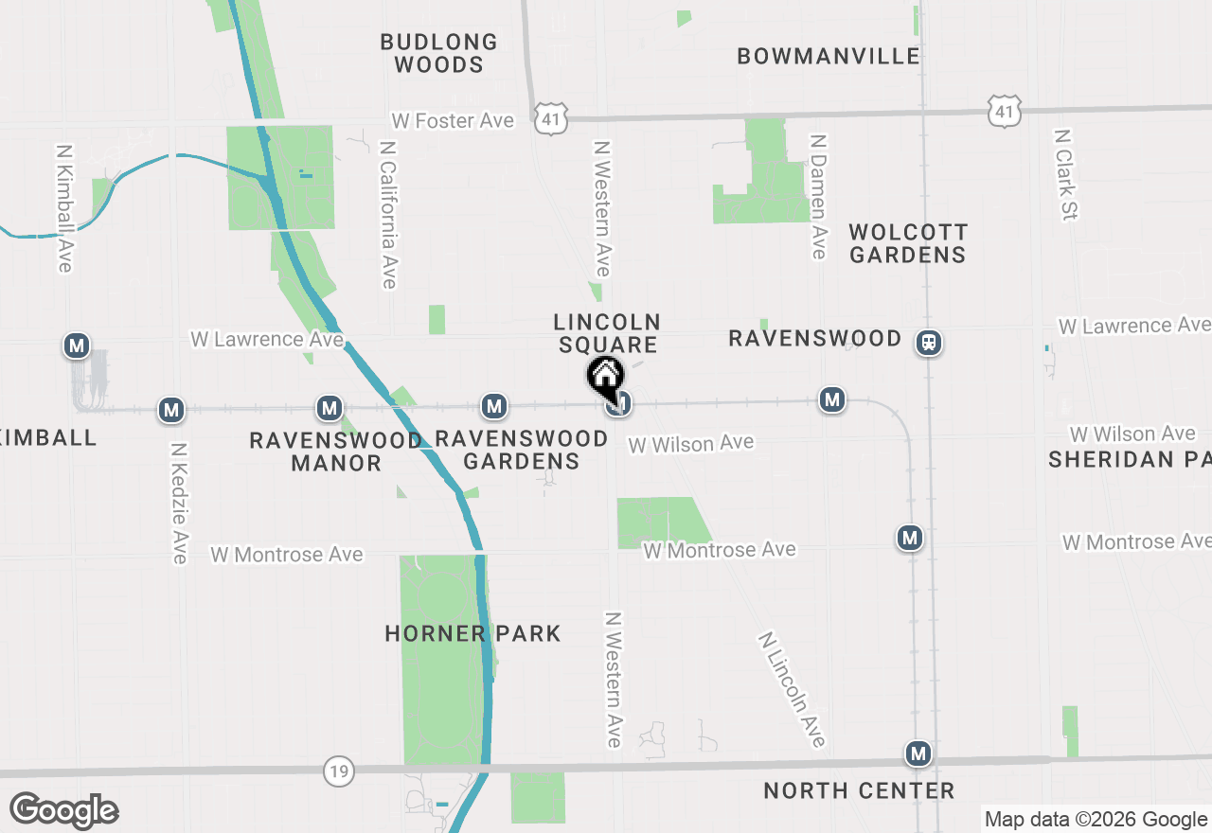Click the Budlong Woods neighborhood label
point(438,53)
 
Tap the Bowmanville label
point(829,56)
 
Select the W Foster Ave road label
point(453,120)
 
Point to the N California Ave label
point(387,215)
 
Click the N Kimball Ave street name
point(64,208)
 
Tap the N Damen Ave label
point(819,196)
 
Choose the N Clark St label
point(1065,175)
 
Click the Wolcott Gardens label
point(907,243)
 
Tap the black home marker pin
point(605,377)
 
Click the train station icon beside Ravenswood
point(930,342)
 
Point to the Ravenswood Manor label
point(336,452)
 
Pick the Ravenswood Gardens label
point(521,450)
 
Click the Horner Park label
point(472,633)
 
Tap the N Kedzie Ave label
point(179,503)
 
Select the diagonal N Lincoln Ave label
point(792,689)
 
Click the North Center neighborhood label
point(859,790)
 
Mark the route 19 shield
point(338,771)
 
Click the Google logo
point(64,810)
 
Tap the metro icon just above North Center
point(918,753)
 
